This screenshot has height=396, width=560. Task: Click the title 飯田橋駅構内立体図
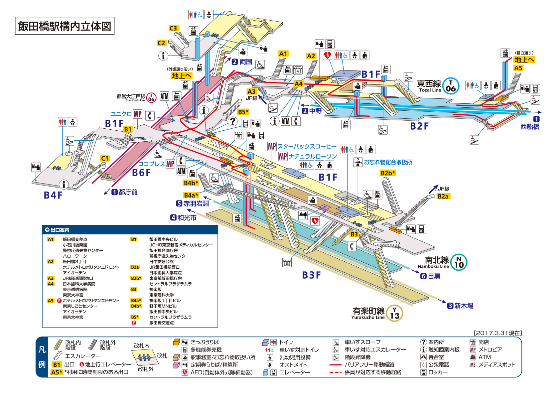tap(65, 26)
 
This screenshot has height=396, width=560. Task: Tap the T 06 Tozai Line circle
tap(451, 86)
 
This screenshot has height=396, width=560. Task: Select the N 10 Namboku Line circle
tap(459, 262)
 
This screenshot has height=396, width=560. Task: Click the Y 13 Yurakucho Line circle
tap(394, 313)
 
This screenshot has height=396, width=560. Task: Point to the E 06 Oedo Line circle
tap(151, 97)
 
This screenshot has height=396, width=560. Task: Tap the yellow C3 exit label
tap(173, 28)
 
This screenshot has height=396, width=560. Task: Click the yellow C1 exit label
tap(104, 158)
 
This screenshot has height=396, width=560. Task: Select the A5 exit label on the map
tap(518, 68)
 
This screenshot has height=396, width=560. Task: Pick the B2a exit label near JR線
tap(443, 197)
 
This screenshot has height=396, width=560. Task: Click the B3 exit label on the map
tap(354, 234)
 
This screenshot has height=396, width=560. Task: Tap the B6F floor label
tap(141, 173)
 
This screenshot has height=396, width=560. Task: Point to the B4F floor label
tap(53, 195)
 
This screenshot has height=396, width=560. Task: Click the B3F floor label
tap(311, 275)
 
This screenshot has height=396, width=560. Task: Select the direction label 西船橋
tap(530, 127)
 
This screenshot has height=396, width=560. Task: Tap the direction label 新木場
tap(464, 306)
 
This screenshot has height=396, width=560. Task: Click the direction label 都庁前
tap(128, 192)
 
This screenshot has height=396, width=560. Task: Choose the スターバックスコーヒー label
tap(307, 146)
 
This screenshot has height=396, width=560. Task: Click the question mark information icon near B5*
tap(232, 121)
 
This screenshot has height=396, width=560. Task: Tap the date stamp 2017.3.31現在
tap(498, 333)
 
